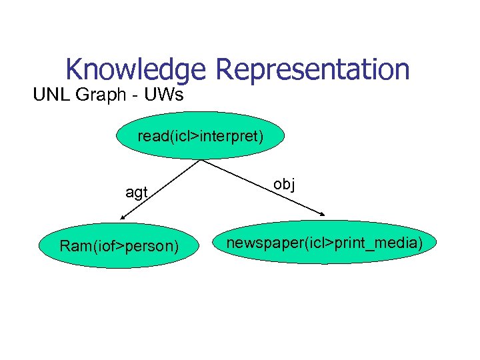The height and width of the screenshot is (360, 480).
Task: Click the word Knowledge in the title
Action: [x=137, y=69]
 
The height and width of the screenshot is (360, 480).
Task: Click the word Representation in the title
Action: [x=312, y=69]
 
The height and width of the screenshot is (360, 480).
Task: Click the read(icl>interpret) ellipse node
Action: [x=201, y=135]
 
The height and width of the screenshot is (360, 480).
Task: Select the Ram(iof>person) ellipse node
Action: [x=119, y=246]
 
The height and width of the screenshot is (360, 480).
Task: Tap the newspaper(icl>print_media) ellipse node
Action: [x=325, y=243]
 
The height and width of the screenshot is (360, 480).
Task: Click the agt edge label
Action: [x=136, y=193]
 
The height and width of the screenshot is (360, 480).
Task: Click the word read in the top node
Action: [x=151, y=136]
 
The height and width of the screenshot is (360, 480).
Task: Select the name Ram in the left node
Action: [x=72, y=247]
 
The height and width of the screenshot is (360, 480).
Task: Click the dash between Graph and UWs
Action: [x=135, y=95]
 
